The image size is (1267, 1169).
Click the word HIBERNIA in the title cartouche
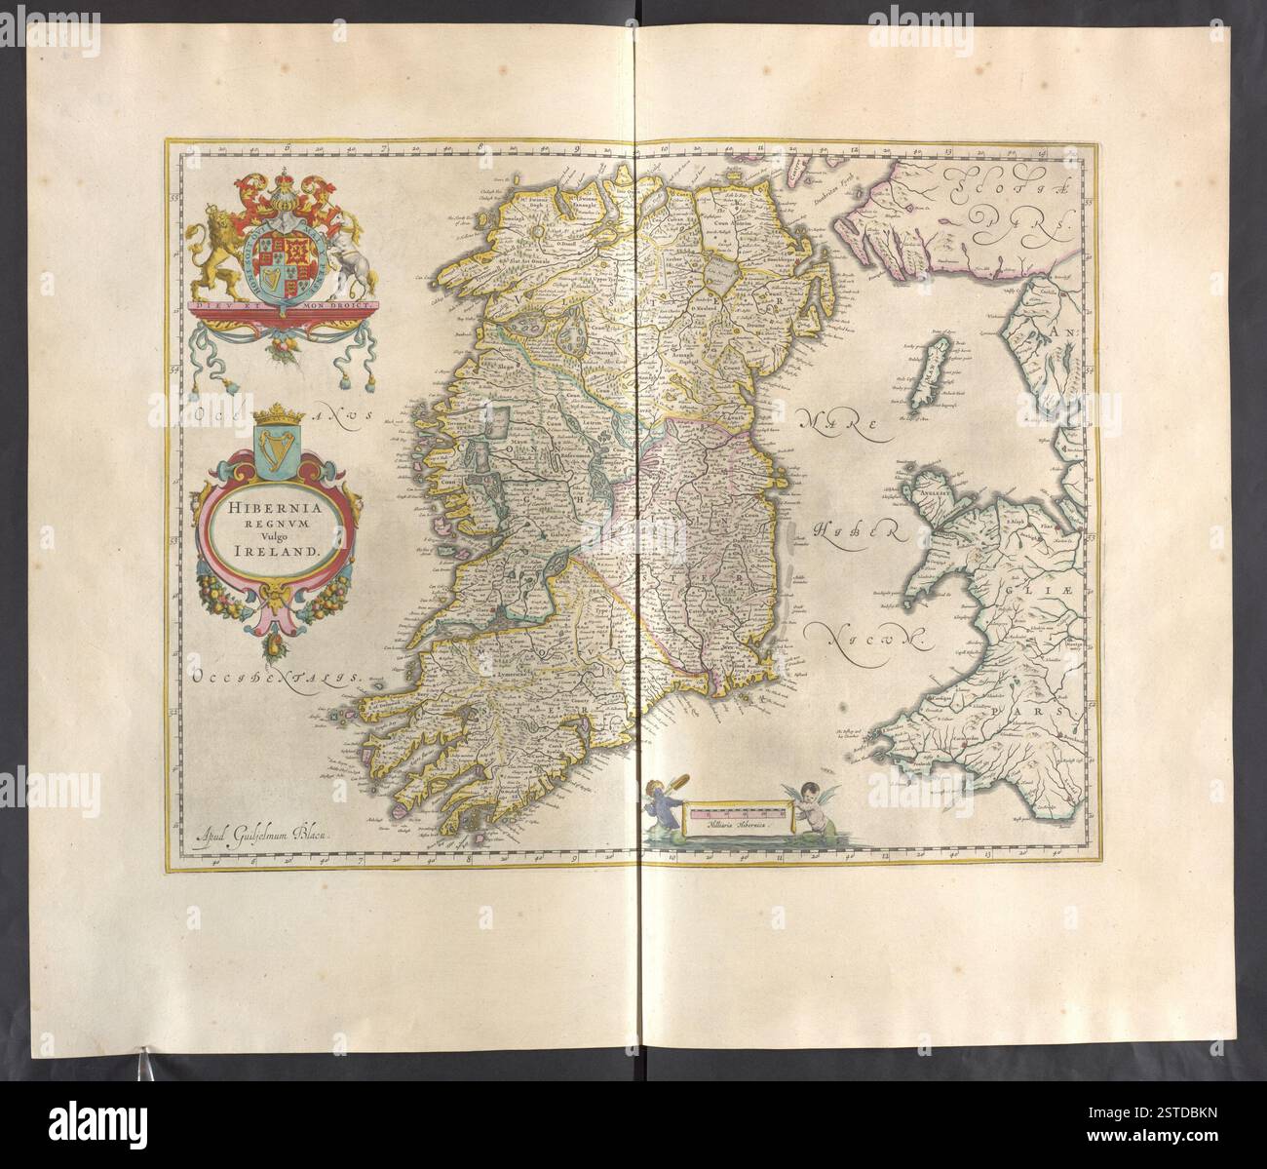(x=258, y=507)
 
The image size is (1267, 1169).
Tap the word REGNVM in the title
(x=258, y=522)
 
